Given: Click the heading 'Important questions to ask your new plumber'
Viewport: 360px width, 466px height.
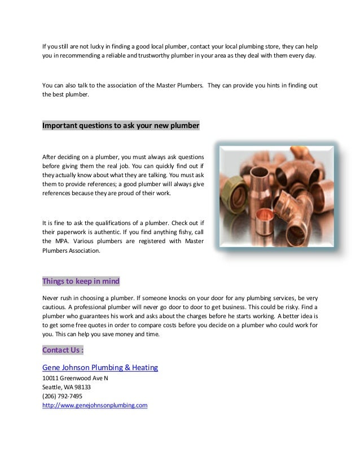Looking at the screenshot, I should coord(121,125).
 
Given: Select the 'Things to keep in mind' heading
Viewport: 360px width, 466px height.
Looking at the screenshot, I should coord(81,282).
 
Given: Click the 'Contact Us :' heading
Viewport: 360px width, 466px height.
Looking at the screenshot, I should coord(63,350).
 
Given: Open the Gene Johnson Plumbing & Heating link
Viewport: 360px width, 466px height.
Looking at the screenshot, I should coord(100,368).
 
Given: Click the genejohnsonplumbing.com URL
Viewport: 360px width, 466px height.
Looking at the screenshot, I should coord(95,405).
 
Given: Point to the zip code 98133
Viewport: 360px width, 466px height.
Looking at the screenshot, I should coord(83,387).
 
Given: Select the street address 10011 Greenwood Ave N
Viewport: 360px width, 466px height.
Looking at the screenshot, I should coord(75,378).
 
